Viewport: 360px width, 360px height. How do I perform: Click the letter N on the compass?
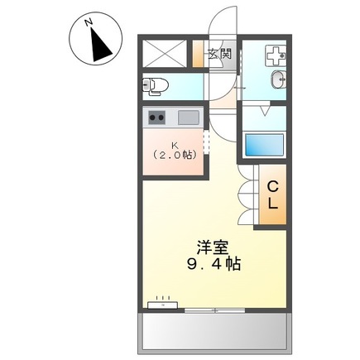click(x=89, y=22)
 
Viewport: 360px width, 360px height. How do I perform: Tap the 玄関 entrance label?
click(x=219, y=54)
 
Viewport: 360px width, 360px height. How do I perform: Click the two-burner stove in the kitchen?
click(x=156, y=118)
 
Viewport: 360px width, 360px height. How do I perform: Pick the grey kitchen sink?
click(x=189, y=118)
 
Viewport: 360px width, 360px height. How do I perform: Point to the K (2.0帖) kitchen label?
click(x=175, y=150)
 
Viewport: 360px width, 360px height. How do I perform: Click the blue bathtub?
click(x=264, y=144)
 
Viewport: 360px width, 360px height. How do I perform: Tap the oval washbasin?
click(x=278, y=79)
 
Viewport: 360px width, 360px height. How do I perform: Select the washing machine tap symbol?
click(x=276, y=55)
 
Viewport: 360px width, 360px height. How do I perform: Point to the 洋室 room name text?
click(x=213, y=247)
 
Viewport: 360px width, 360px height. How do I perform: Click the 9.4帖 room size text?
click(x=214, y=264)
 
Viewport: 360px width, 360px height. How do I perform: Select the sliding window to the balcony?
click(x=214, y=310)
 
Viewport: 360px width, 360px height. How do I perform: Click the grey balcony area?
click(x=214, y=333)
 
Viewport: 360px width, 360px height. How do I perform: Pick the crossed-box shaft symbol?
click(x=165, y=54)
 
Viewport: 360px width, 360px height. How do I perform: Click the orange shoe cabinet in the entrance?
click(x=198, y=54)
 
